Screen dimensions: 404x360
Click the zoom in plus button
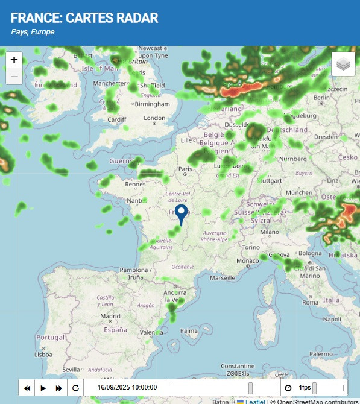click(14, 60)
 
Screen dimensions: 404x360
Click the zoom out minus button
click(14, 76)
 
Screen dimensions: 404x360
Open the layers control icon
click(343, 64)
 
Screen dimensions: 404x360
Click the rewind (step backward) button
click(27, 388)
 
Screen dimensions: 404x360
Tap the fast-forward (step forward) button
click(58, 388)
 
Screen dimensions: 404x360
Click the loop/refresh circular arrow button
click(75, 388)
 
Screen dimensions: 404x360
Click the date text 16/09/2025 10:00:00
click(127, 388)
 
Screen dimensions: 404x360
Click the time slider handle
click(250, 388)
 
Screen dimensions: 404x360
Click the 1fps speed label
click(305, 388)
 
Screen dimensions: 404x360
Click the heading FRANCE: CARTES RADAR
click(84, 18)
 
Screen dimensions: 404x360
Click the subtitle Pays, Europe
click(33, 32)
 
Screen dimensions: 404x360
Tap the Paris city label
click(185, 169)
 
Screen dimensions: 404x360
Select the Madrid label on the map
click(110, 316)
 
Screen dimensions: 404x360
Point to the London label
click(154, 118)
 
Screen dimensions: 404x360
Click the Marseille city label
click(223, 278)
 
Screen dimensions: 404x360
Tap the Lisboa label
click(43, 355)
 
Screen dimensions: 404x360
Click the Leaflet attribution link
click(254, 401)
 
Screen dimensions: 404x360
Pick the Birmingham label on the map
click(152, 104)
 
